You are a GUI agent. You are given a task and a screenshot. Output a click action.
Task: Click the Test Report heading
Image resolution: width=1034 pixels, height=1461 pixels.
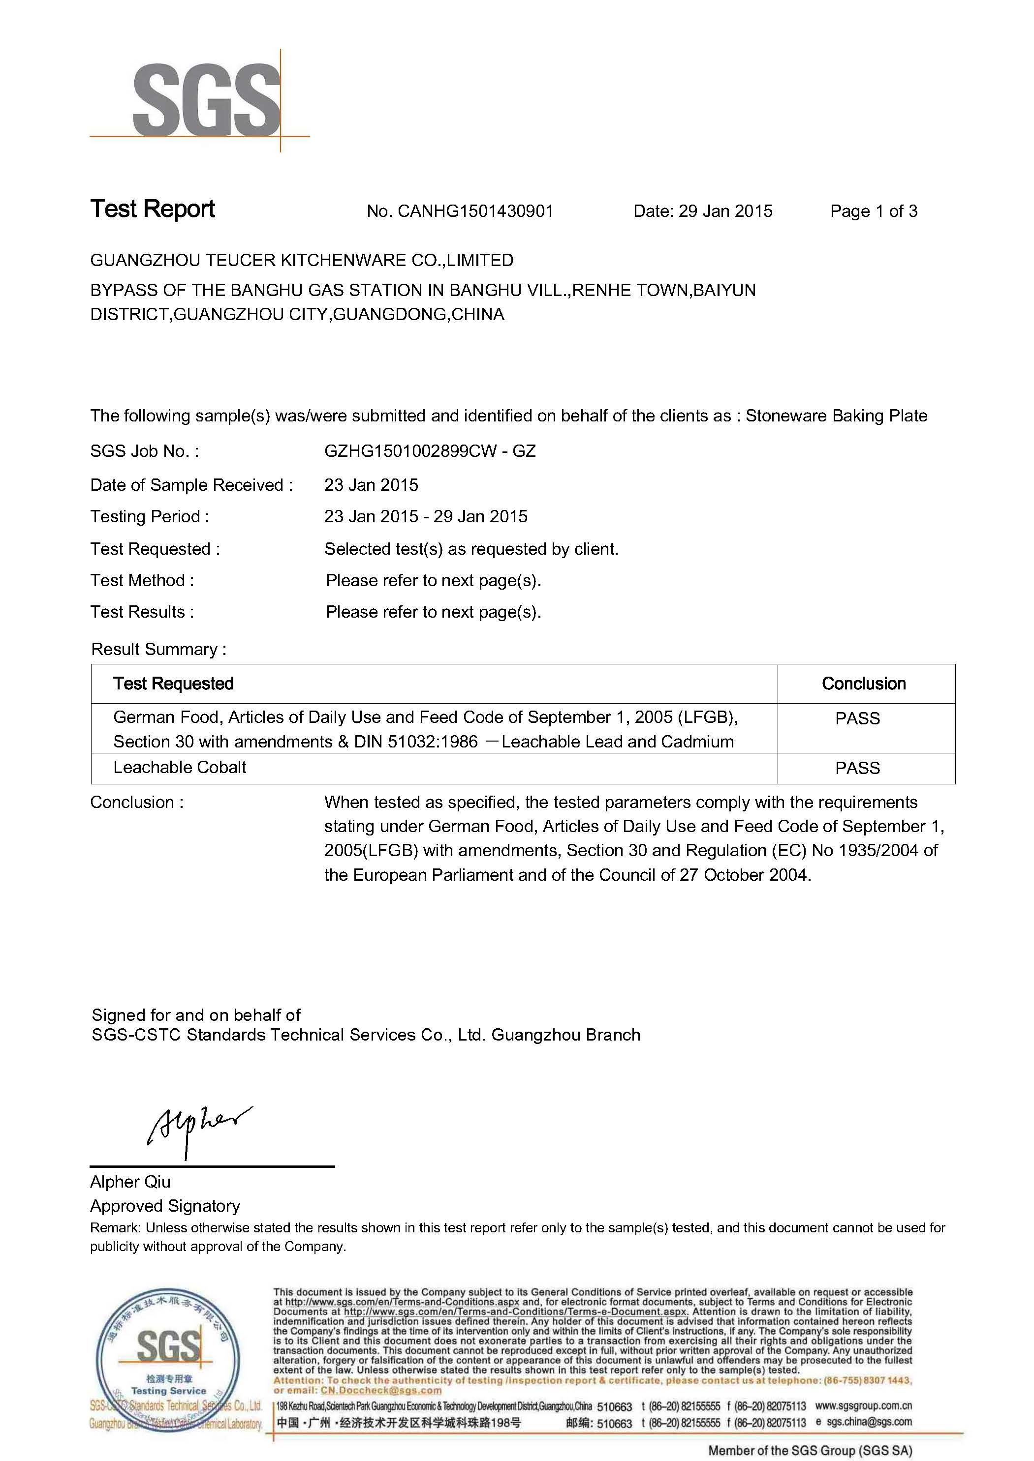153,209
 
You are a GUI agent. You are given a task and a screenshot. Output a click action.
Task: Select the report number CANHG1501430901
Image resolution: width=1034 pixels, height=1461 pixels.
475,211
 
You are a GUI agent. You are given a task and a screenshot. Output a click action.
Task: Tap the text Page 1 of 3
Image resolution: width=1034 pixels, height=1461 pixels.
874,211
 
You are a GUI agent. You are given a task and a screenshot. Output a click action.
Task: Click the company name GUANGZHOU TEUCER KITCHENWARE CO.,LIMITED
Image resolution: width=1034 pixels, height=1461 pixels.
302,260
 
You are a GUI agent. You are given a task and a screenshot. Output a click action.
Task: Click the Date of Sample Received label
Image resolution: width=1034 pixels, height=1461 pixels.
191,485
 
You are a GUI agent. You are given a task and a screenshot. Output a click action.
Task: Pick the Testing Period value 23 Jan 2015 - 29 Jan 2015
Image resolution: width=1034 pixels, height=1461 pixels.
425,517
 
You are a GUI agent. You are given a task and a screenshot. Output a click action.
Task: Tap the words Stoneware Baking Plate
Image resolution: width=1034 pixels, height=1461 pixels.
836,416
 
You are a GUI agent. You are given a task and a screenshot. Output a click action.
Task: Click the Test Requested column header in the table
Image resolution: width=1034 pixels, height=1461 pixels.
173,684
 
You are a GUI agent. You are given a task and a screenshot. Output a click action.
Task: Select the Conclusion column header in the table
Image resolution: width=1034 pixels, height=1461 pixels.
863,684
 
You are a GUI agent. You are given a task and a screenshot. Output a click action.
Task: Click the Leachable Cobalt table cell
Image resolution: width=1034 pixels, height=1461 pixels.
180,768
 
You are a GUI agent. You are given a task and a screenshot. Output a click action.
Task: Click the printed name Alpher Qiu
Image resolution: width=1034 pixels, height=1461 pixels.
130,1182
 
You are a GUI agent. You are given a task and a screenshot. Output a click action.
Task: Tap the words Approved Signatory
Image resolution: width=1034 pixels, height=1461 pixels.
165,1206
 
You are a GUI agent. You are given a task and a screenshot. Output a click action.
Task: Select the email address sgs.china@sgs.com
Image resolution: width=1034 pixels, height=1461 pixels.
869,1422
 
